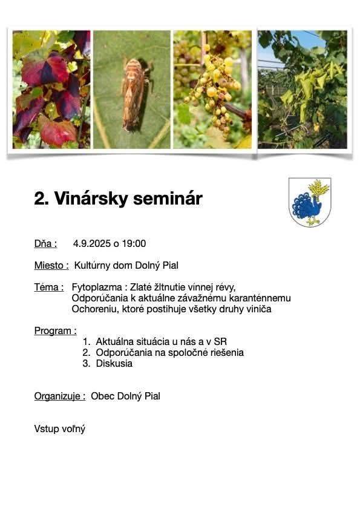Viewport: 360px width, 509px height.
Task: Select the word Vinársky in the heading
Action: (x=89, y=199)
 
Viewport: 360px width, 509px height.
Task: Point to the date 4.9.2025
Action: (x=92, y=244)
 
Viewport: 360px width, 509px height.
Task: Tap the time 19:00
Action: (x=134, y=244)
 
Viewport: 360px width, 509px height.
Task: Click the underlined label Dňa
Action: (x=45, y=244)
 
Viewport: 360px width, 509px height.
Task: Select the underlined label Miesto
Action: (x=51, y=265)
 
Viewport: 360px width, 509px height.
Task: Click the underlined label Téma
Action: (x=48, y=287)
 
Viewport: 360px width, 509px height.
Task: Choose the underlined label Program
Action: (x=55, y=331)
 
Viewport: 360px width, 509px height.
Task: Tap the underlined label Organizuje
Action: (x=59, y=396)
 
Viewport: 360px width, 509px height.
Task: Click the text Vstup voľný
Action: (x=59, y=429)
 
